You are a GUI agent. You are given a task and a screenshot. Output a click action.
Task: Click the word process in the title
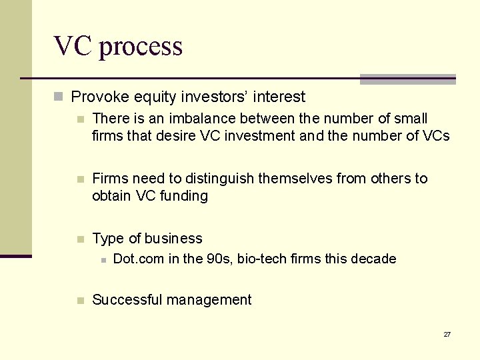coord(141,47)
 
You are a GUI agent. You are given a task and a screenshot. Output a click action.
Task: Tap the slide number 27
coord(447,334)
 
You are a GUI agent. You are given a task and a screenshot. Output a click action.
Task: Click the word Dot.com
coord(139,259)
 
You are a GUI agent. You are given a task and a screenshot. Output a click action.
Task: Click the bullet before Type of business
coord(80,239)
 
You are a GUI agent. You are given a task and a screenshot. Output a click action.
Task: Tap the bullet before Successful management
coord(80,301)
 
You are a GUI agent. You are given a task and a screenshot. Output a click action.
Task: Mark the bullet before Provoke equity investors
coord(59,97)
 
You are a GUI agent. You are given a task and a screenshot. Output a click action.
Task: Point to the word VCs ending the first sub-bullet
coord(437,136)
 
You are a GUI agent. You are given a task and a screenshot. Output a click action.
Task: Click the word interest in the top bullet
coord(280,97)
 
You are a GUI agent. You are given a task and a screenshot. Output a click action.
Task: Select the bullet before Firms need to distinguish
coord(80,179)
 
